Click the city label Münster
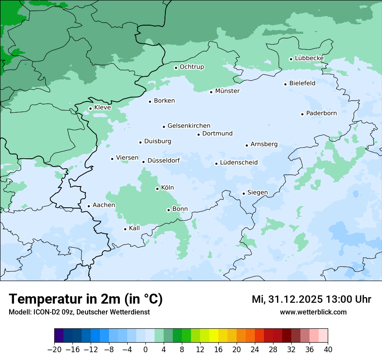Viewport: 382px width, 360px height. click(227, 91)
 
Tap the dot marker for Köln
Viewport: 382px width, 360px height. click(158, 189)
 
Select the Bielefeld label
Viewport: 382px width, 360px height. click(302, 83)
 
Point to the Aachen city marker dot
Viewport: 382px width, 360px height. click(89, 206)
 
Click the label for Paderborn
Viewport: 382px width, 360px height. click(321, 114)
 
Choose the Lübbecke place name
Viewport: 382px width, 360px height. click(309, 58)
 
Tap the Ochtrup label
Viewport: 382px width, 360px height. click(191, 67)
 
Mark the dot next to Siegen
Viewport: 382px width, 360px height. click(244, 193)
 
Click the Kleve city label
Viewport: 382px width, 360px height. click(102, 108)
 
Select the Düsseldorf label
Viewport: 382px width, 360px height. click(163, 161)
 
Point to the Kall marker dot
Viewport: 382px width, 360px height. click(125, 229)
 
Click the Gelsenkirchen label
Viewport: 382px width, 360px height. click(189, 126)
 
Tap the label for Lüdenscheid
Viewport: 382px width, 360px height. click(239, 163)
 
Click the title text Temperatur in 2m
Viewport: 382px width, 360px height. click(86, 299)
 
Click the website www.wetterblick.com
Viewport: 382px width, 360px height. click(313, 312)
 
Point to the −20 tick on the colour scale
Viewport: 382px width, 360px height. click(54, 350)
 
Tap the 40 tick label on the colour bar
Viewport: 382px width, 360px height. click(328, 350)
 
